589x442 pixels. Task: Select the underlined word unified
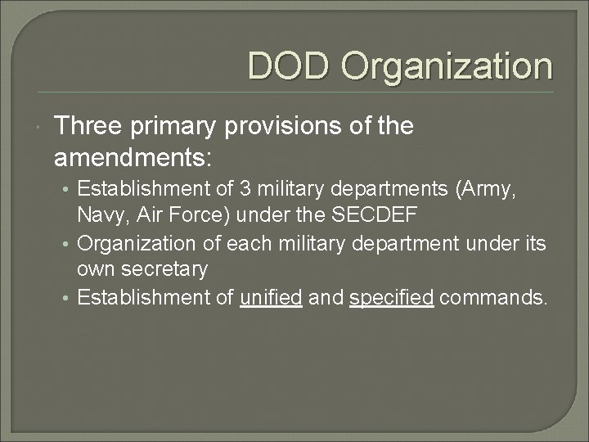point(270,297)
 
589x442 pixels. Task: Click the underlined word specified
point(391,297)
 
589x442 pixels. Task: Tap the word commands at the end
point(492,297)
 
